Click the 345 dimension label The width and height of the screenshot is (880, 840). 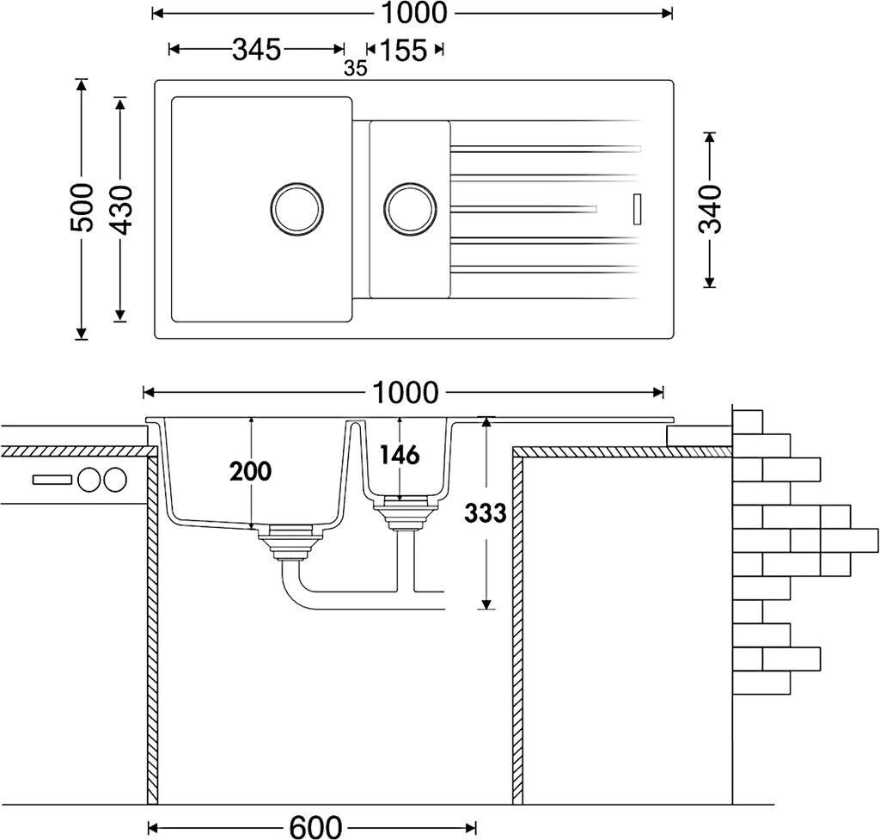point(256,50)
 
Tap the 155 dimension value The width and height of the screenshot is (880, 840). point(403,51)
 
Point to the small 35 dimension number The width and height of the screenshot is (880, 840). point(355,69)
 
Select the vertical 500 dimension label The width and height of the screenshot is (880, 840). point(82,207)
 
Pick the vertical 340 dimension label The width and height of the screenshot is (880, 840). point(710,209)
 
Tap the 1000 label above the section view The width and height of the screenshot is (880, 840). point(405,393)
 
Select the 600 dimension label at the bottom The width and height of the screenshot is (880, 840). point(315,826)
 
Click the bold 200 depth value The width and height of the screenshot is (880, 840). point(250,471)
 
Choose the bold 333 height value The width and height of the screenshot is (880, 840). point(486,513)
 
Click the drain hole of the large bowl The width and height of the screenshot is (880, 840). point(297,207)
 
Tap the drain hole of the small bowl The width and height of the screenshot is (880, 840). point(411,207)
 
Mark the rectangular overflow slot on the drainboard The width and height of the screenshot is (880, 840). point(637,208)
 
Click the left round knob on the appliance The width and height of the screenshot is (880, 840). point(89,480)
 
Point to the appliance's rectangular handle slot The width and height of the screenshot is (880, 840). point(52,480)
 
